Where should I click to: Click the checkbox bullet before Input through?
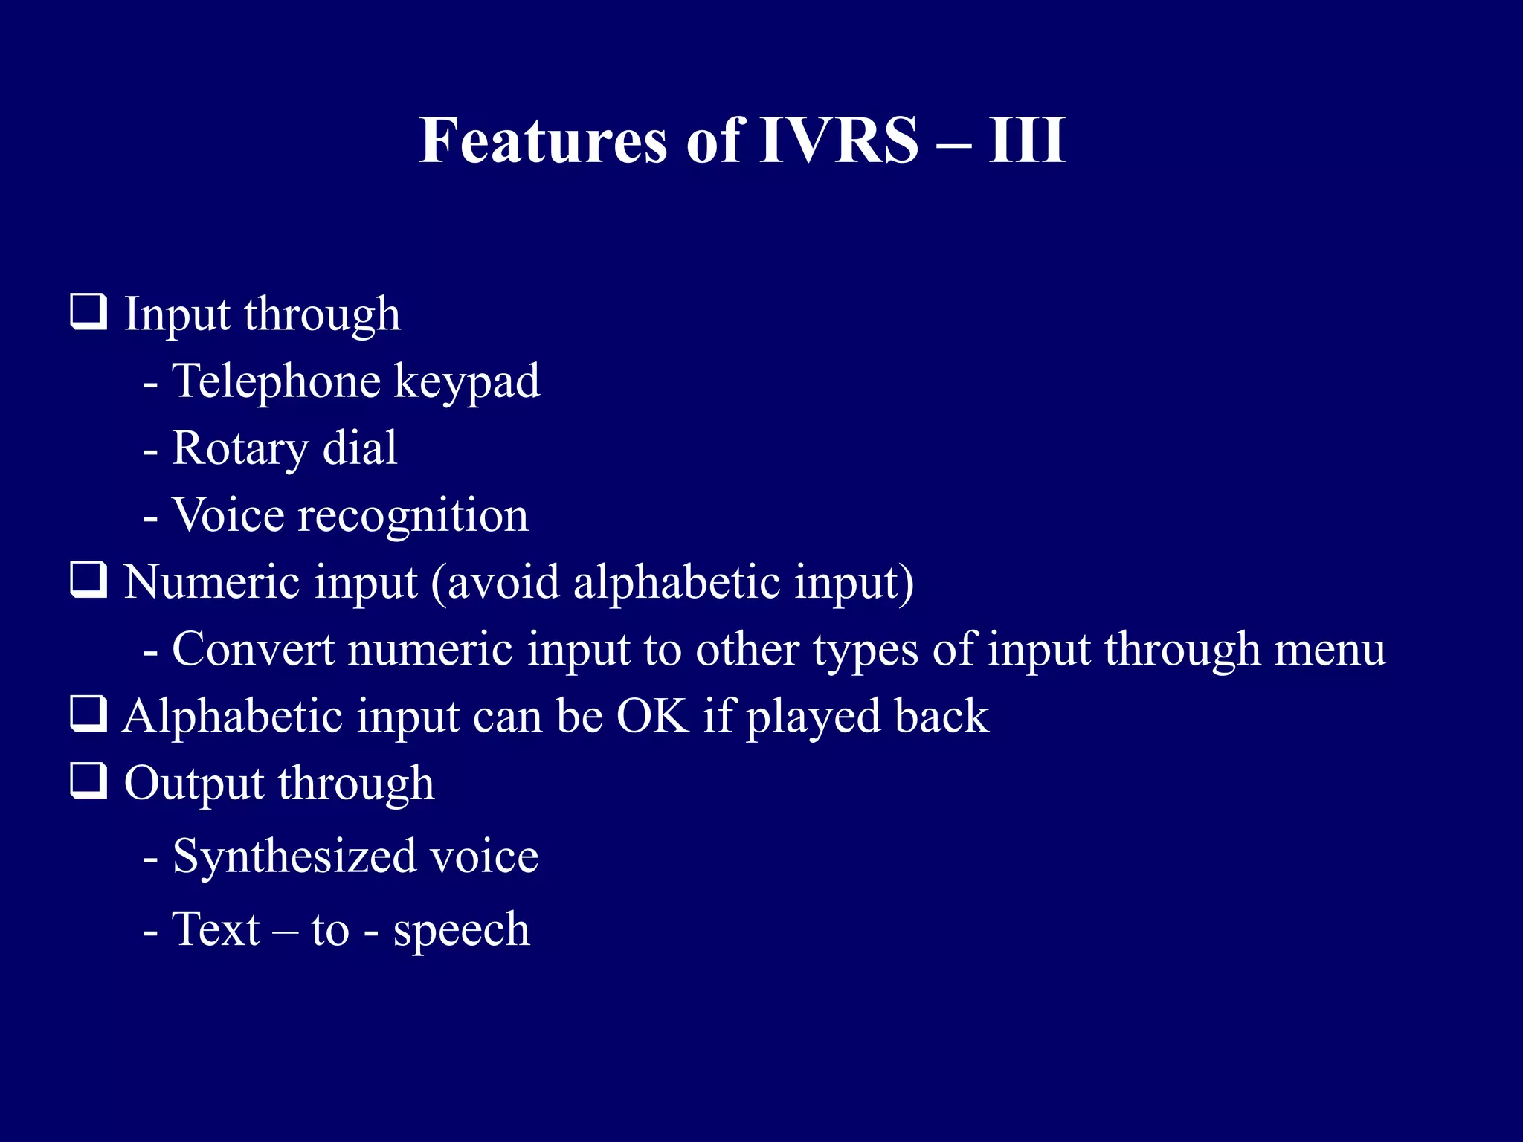(x=88, y=312)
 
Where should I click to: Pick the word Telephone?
(x=276, y=381)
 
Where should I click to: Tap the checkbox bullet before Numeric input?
(x=88, y=580)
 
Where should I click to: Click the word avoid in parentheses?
(x=503, y=581)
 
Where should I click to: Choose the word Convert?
(x=253, y=649)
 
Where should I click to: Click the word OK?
(x=652, y=716)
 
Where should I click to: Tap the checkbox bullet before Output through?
(x=88, y=781)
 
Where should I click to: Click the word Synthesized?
(x=294, y=857)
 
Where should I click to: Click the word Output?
(x=193, y=784)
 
